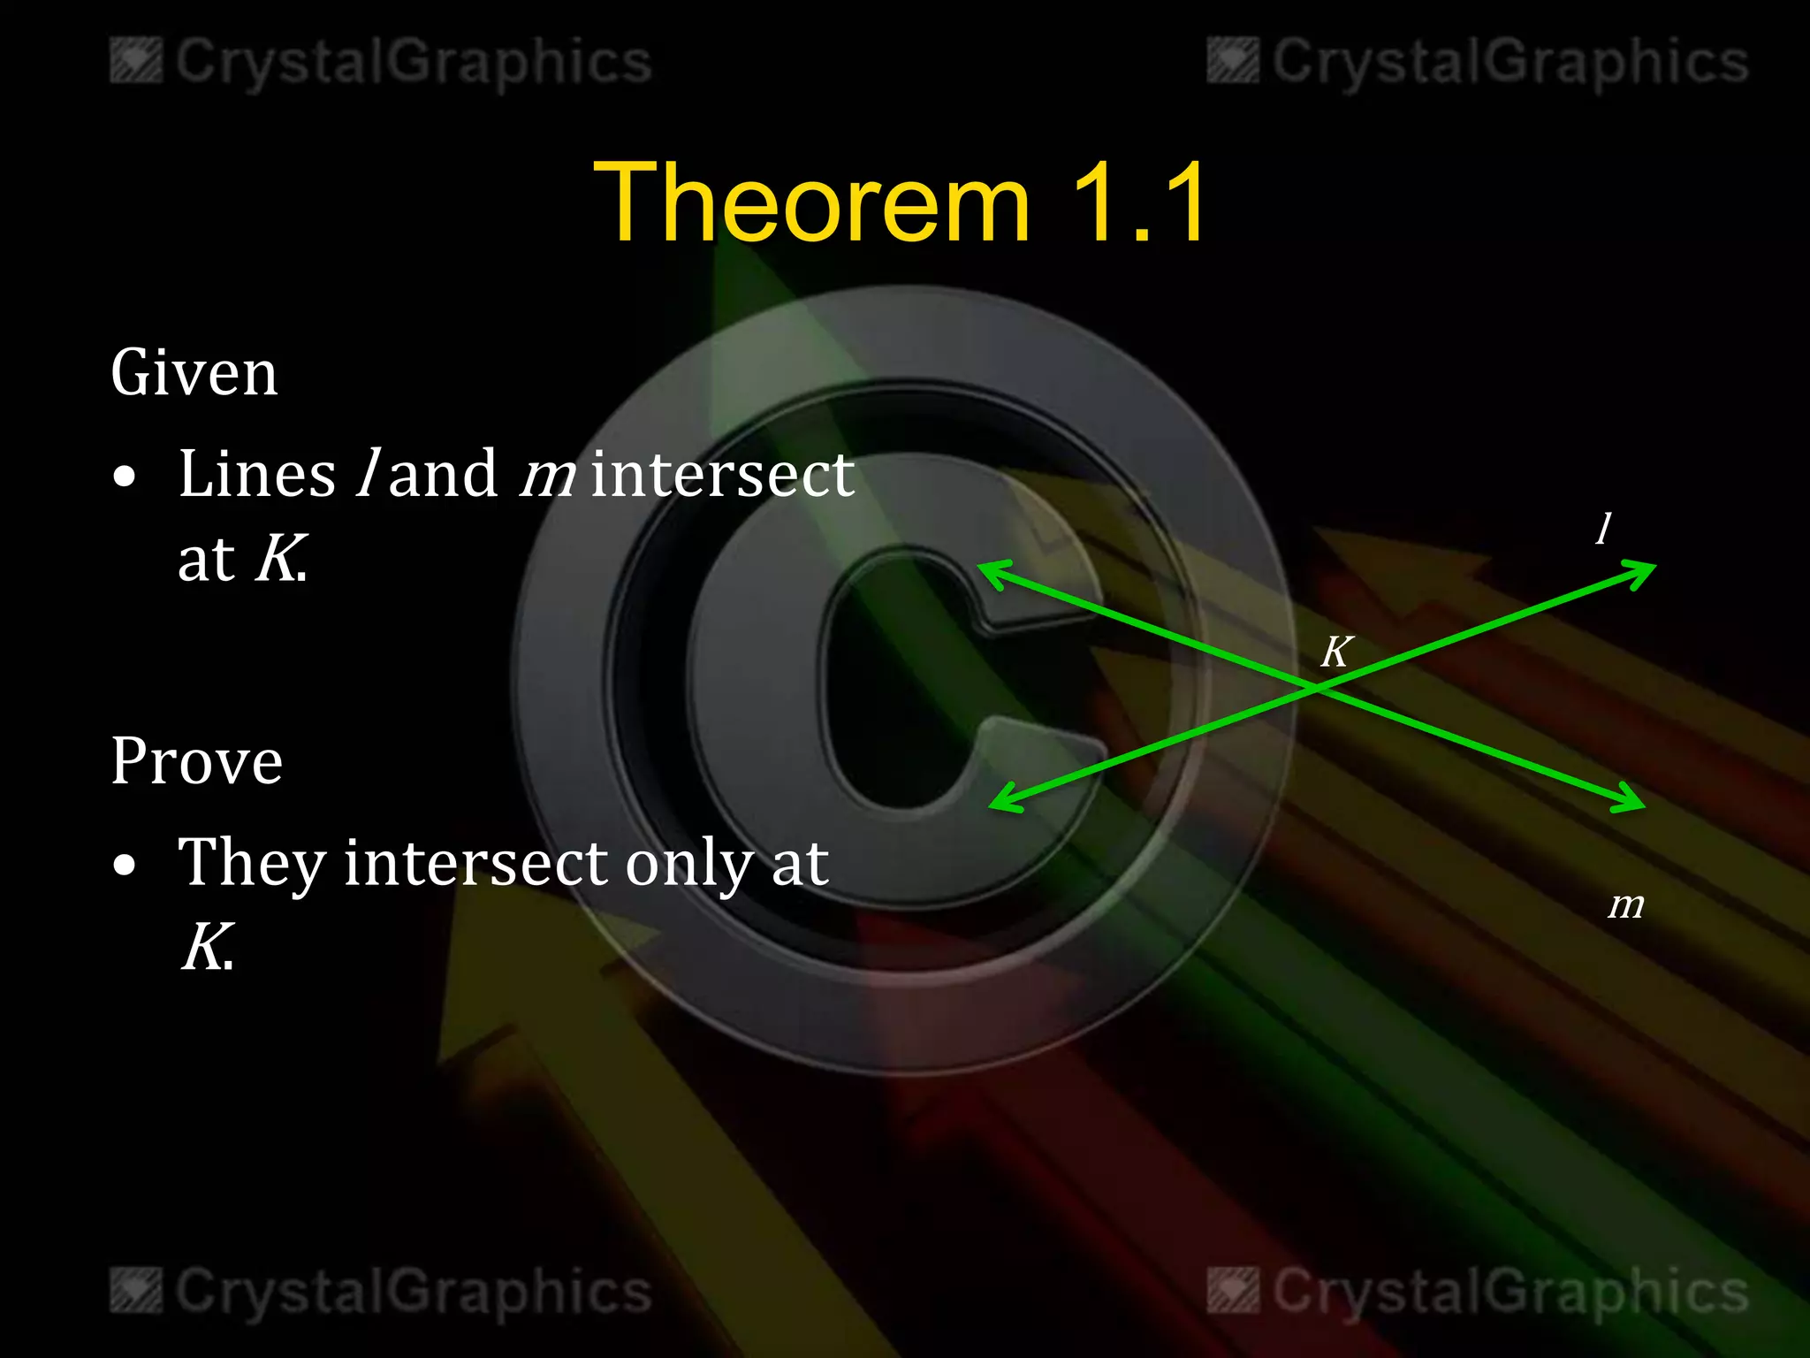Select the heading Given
(194, 373)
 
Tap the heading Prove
(196, 761)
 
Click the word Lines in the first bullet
(256, 474)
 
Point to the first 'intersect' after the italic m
(722, 474)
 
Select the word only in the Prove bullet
(688, 865)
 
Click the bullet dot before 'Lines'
(125, 477)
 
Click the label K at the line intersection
(1335, 652)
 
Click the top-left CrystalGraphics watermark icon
(135, 61)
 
